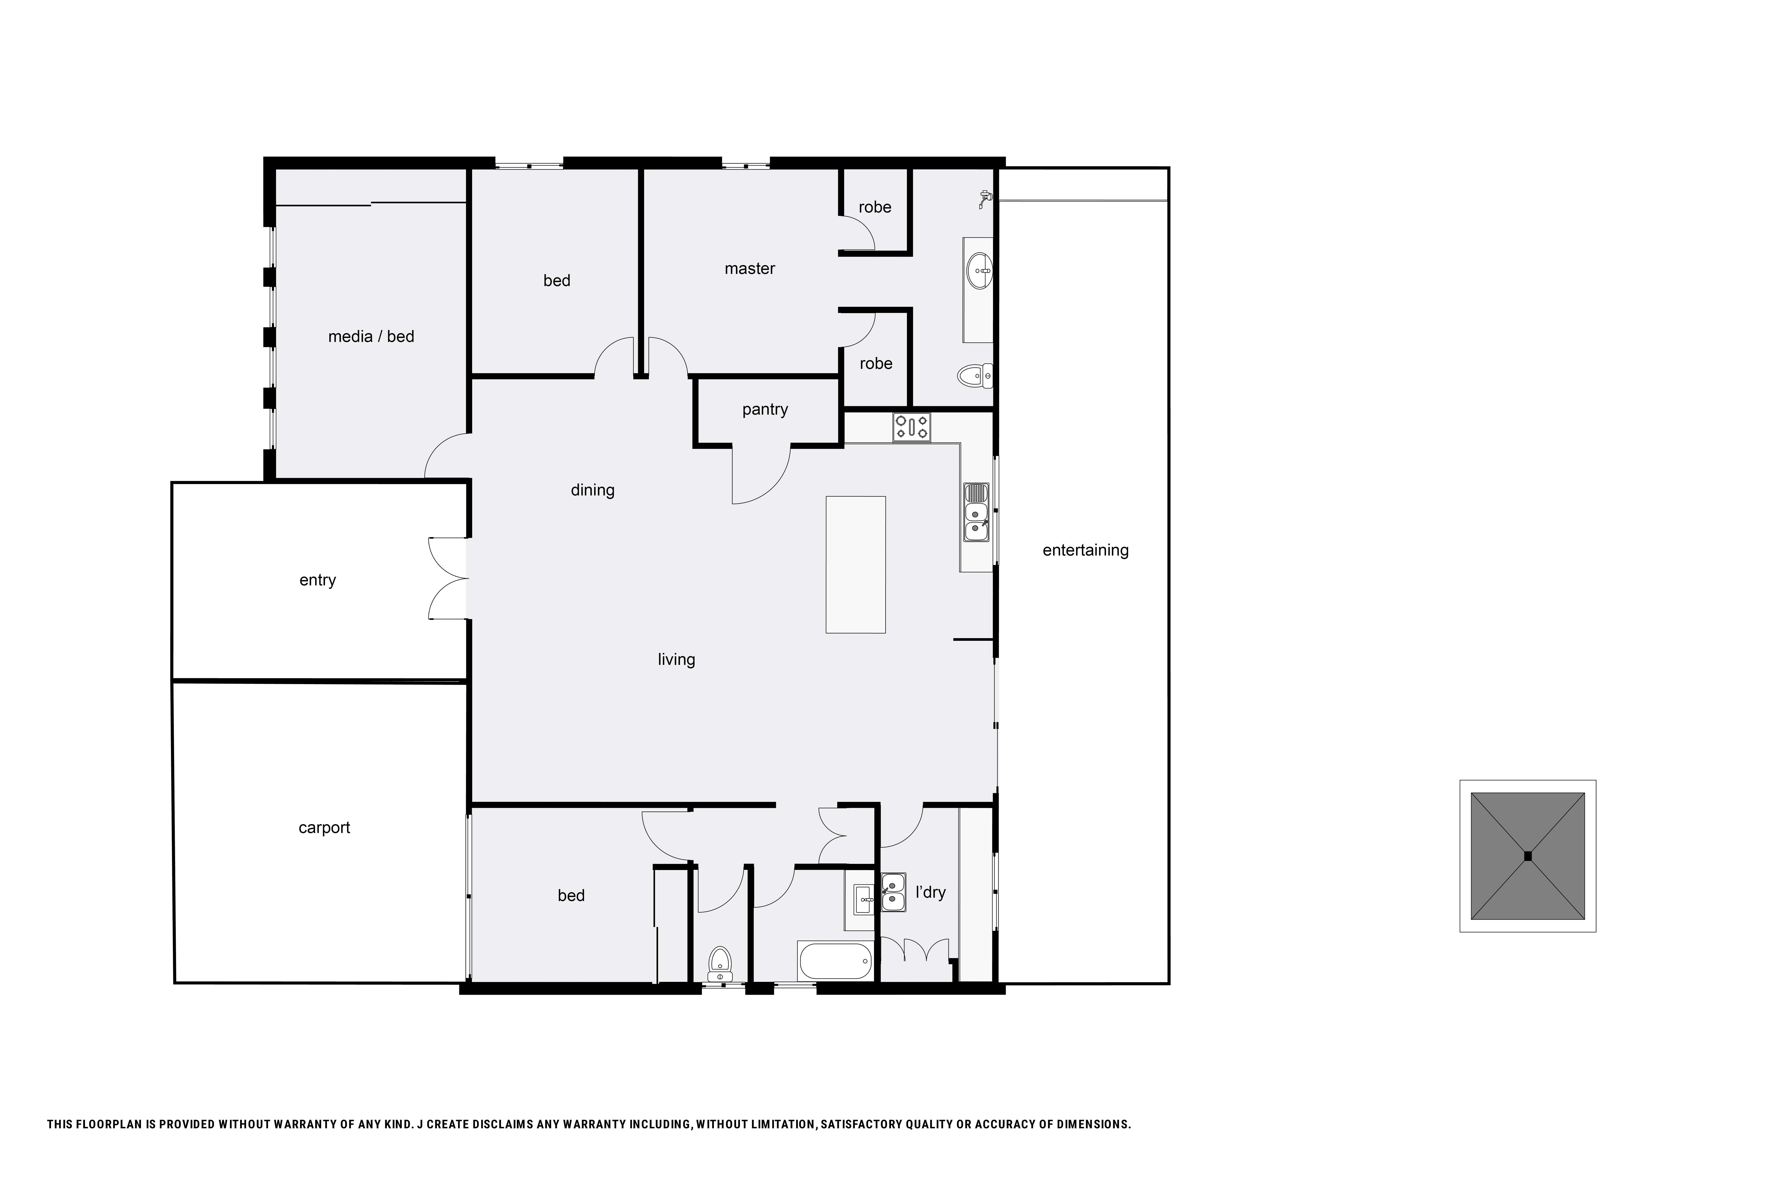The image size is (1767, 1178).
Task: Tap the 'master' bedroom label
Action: [x=749, y=269]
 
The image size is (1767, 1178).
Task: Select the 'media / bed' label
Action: [x=371, y=337]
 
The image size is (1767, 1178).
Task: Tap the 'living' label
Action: [x=676, y=660]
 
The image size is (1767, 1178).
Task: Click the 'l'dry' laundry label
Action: [x=930, y=893]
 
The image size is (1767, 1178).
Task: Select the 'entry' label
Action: [x=317, y=580]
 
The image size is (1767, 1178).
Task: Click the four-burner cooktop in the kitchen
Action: [x=911, y=427]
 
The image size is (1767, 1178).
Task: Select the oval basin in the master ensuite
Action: [x=980, y=270]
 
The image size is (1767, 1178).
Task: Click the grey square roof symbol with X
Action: [x=1527, y=856]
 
